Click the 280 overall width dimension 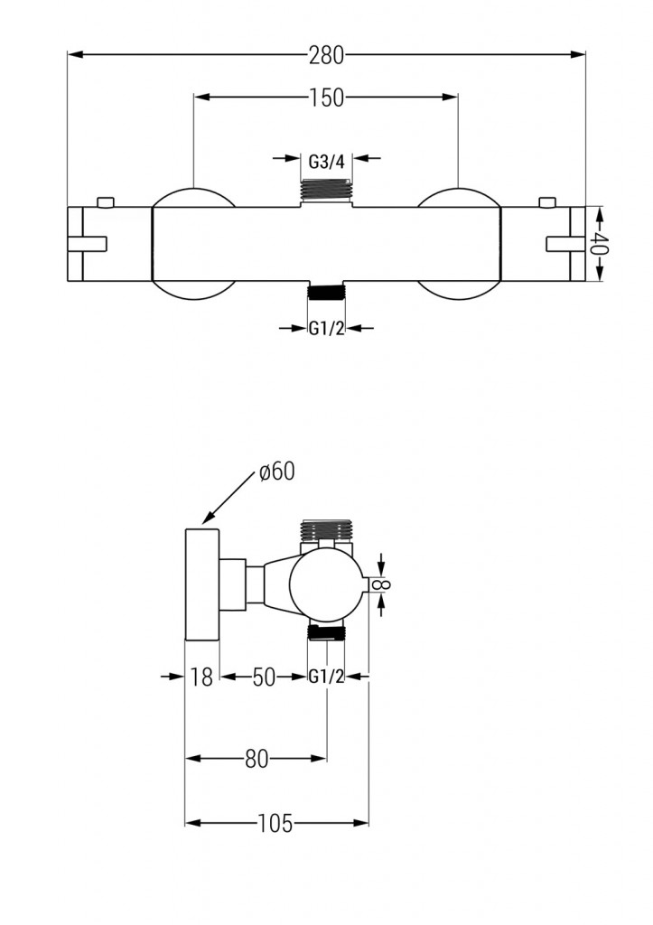(326, 55)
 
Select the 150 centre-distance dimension (326, 98)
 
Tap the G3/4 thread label (326, 163)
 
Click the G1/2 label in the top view (326, 329)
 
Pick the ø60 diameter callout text (275, 472)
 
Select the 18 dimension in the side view (202, 677)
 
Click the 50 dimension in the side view (263, 677)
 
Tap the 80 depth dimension (257, 759)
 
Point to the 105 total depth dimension (275, 823)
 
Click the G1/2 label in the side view (326, 677)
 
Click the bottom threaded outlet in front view (326, 291)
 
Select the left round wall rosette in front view (193, 244)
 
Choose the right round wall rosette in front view (459, 244)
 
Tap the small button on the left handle (106, 201)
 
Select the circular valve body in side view (326, 585)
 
